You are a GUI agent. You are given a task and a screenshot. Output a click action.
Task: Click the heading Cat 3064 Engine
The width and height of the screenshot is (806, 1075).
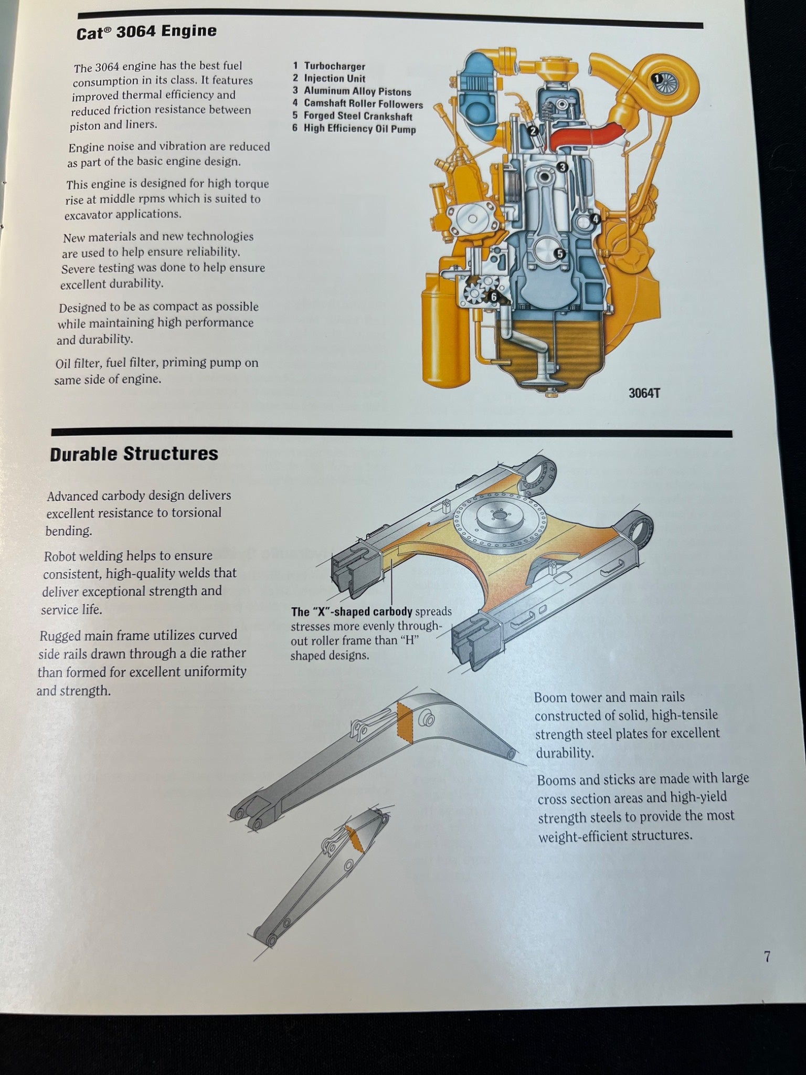click(146, 32)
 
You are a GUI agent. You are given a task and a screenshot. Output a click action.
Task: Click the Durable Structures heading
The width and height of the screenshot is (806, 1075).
click(134, 454)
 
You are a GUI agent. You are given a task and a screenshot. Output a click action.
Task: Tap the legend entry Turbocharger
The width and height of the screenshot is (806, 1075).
click(335, 66)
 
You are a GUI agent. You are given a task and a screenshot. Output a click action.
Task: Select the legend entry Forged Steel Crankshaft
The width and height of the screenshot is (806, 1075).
click(358, 117)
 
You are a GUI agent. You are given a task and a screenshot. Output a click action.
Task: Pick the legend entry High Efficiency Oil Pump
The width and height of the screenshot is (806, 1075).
click(359, 129)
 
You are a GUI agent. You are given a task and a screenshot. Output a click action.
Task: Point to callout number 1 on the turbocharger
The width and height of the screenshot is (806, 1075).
click(657, 79)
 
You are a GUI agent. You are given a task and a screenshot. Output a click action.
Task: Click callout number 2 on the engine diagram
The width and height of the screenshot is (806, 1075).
click(533, 131)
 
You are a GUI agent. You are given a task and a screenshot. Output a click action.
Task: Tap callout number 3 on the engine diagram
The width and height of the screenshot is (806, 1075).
click(563, 167)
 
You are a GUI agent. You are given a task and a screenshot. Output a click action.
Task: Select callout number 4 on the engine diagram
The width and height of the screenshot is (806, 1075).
click(595, 219)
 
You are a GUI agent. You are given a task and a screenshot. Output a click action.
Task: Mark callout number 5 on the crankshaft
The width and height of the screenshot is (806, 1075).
click(560, 254)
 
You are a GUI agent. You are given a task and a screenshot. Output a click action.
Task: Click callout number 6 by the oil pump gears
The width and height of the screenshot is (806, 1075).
click(493, 297)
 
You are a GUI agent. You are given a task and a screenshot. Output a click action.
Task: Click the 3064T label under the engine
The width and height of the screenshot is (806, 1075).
click(644, 393)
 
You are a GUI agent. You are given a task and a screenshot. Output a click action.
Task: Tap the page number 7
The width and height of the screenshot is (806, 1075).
click(767, 957)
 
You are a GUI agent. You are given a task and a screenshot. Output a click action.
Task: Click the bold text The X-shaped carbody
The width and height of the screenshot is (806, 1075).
click(352, 612)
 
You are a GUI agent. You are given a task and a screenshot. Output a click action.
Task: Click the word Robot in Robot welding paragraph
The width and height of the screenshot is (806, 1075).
click(62, 556)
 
